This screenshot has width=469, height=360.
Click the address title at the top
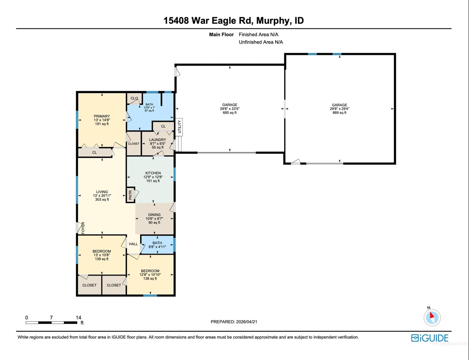click(x=233, y=21)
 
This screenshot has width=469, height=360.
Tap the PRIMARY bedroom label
click(x=102, y=116)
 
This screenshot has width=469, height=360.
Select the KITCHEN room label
click(x=153, y=173)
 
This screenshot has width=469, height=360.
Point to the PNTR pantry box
click(x=130, y=195)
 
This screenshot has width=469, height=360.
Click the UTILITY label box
click(x=179, y=127)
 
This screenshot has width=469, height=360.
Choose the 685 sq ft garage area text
click(x=229, y=113)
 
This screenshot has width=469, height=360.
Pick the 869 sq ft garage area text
click(x=340, y=113)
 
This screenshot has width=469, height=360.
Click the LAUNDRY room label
click(x=157, y=140)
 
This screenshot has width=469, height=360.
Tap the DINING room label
click(x=154, y=215)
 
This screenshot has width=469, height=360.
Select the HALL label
click(x=133, y=244)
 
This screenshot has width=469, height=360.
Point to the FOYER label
click(x=83, y=228)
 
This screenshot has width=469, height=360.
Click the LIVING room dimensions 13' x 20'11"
click(x=102, y=196)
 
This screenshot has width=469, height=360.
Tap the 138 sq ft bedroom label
click(x=150, y=279)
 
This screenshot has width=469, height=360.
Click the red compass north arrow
click(x=432, y=315)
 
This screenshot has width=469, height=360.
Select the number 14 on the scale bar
click(x=78, y=318)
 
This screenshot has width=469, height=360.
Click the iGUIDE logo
click(x=430, y=338)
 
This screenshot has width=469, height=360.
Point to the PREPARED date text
click(x=234, y=322)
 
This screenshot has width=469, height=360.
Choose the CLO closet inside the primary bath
click(x=134, y=99)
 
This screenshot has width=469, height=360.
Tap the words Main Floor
click(x=221, y=34)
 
